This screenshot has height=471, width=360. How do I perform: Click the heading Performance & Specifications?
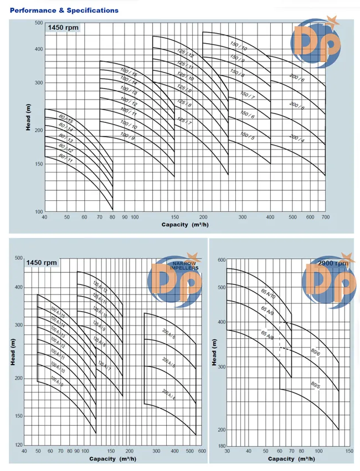[64, 10]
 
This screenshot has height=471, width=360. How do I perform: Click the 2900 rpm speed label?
[332, 263]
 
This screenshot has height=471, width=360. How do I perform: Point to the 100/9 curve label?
[128, 136]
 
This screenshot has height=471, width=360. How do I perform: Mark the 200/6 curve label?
[297, 80]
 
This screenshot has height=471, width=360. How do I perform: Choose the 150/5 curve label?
[248, 136]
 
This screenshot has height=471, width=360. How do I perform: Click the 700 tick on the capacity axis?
[326, 217]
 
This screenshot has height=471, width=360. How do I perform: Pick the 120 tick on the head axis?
[18, 445]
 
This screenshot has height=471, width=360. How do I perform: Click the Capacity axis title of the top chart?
[184, 225]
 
